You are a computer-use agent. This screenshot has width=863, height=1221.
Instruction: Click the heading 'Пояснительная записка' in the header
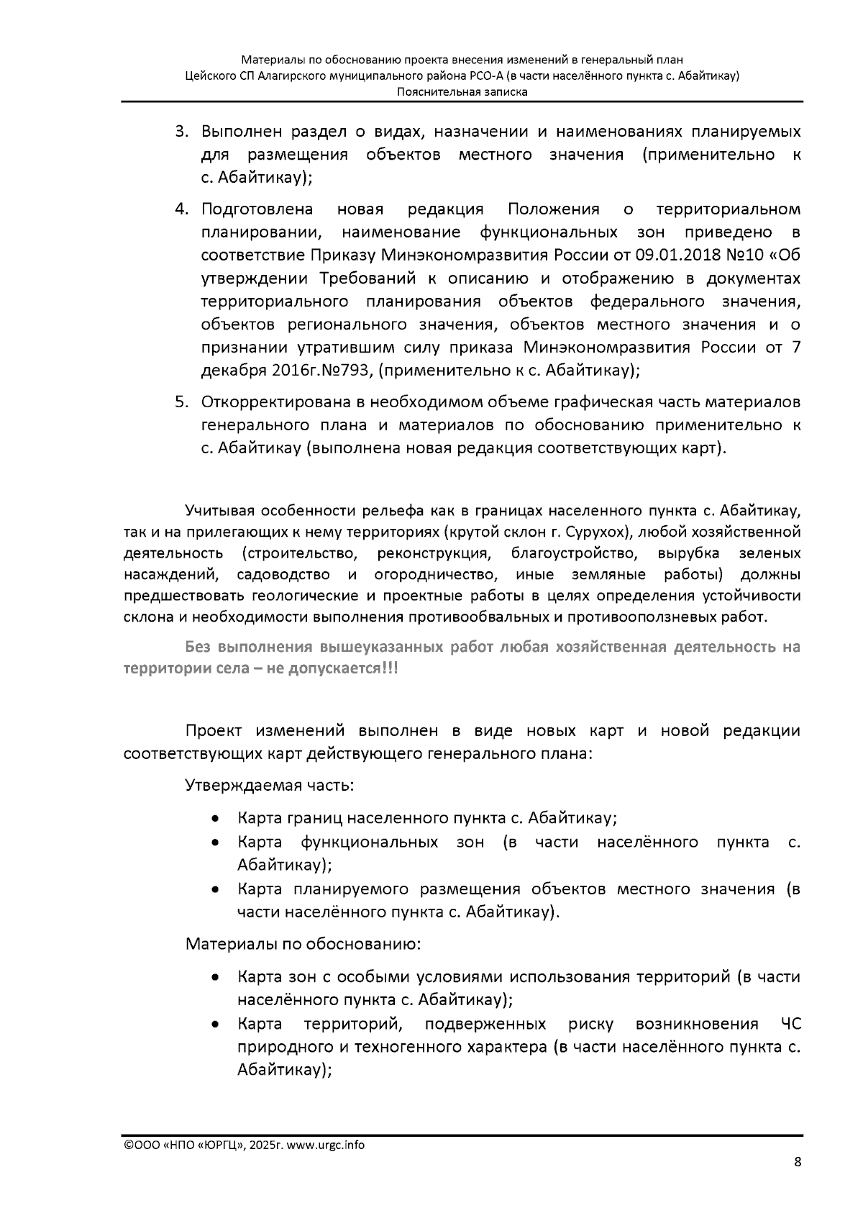(x=462, y=92)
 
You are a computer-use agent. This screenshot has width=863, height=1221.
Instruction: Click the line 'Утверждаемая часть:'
(x=270, y=784)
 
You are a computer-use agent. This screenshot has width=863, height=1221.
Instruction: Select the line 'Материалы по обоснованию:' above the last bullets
(x=303, y=943)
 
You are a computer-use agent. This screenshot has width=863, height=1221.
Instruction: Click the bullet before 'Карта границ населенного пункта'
(x=215, y=820)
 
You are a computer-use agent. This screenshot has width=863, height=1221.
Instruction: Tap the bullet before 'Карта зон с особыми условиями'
(x=215, y=978)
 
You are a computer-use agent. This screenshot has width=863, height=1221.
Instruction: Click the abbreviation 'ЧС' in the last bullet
(x=790, y=1025)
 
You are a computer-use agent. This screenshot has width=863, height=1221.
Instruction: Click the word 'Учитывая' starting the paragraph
(x=219, y=512)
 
